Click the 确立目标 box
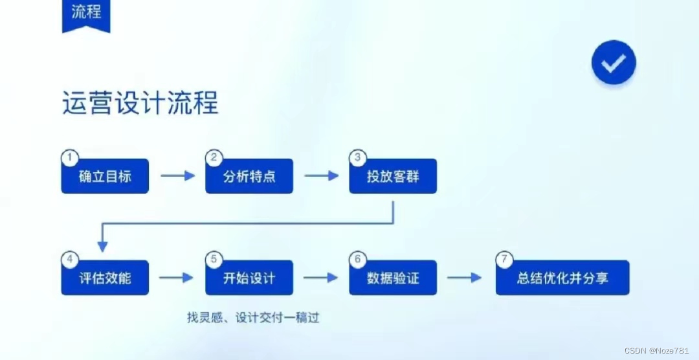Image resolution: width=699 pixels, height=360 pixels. (105, 176)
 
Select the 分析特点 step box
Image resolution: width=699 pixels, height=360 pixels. (249, 176)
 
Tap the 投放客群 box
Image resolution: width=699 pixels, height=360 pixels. (393, 176)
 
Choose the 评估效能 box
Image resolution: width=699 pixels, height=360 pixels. (105, 278)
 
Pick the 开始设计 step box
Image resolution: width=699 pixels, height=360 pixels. (249, 278)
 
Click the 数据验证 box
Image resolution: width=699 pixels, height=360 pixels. (393, 278)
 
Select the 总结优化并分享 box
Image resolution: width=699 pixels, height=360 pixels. (562, 278)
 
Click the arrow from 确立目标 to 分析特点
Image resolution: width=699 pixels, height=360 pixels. (177, 175)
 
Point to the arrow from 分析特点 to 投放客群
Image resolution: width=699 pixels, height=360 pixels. (322, 175)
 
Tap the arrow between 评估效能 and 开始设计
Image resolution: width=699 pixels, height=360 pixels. (176, 278)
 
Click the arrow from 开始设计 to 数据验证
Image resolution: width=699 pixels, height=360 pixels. (320, 278)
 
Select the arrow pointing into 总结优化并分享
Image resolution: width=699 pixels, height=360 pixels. (465, 278)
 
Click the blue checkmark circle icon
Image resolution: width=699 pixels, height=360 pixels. (614, 62)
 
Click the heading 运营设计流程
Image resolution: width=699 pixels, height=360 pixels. (140, 104)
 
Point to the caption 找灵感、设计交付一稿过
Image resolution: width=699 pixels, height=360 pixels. (253, 318)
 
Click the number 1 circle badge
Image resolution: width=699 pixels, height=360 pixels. (69, 157)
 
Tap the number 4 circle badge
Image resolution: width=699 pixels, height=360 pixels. (69, 259)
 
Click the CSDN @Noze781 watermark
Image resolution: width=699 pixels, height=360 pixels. (660, 350)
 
